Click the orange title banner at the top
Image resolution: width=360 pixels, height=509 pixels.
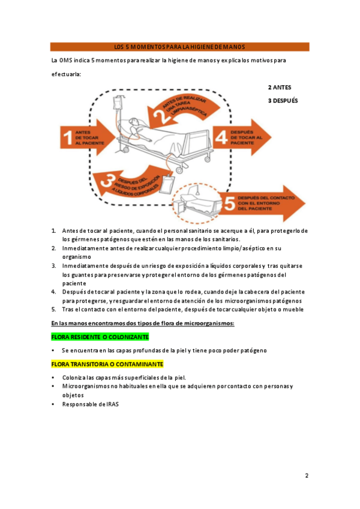(179, 47)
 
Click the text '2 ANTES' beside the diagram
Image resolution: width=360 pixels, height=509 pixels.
(280, 88)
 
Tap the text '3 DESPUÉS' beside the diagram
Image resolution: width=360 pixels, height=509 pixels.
(283, 101)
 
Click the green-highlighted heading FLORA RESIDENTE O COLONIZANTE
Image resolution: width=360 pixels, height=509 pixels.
(100, 337)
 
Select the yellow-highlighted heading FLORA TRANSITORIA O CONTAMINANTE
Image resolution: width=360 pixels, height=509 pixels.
(107, 364)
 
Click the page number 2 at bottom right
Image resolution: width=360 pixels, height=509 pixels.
(307, 476)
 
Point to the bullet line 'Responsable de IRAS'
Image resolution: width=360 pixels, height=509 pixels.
(91, 404)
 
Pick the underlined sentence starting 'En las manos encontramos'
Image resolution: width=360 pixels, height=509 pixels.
(142, 324)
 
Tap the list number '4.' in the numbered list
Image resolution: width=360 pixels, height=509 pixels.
(53, 292)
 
